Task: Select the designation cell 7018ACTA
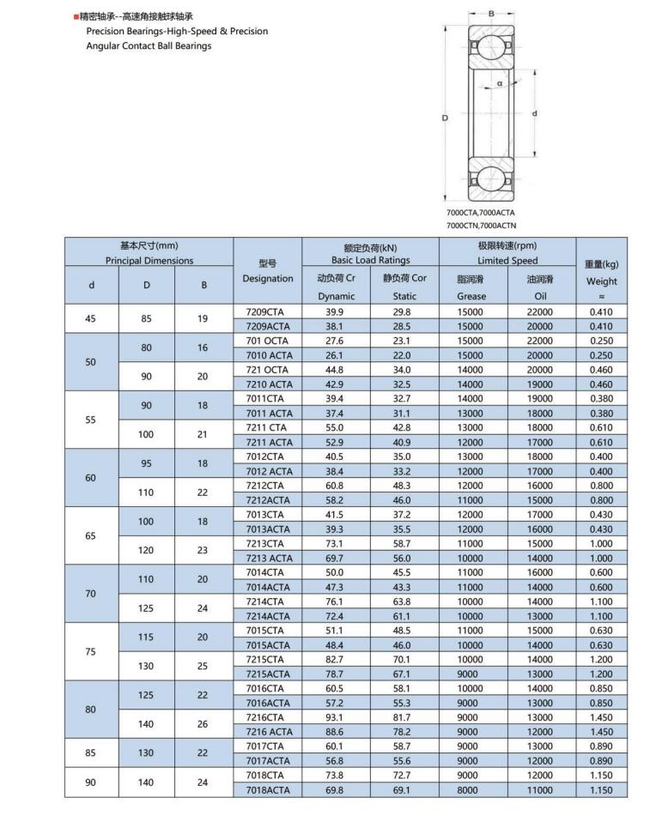coord(268,789)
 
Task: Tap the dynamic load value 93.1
coord(335,716)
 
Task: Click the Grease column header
coord(471,296)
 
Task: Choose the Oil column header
coord(540,296)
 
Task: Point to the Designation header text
coord(268,278)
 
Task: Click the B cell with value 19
coord(203,319)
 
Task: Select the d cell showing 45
coord(91,319)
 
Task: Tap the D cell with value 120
coord(147,550)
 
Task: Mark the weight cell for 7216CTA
coord(601,716)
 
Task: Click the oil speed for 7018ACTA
coord(540,789)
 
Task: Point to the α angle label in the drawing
coord(499,83)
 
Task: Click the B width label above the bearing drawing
coord(491,14)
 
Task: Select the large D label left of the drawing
coord(445,118)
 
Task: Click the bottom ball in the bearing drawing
coord(491,178)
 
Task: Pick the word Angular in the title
coord(105,45)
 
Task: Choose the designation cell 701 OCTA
coord(267,341)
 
